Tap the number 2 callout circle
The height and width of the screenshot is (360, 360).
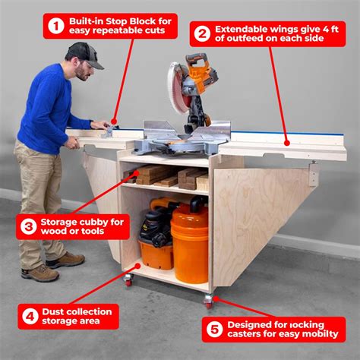point(202,33)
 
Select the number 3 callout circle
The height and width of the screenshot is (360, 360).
point(29,226)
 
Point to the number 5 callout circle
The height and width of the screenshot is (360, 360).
point(215,329)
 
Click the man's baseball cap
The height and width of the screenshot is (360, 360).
point(85,52)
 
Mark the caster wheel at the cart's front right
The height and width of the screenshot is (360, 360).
point(209,302)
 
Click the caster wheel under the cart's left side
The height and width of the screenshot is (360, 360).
point(128,280)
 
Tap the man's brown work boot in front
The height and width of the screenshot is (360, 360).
point(40,272)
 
